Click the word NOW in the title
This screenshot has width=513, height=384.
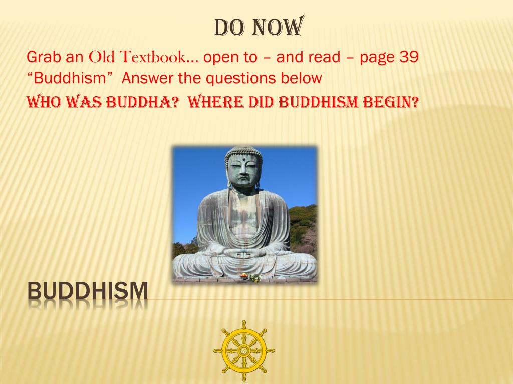click(x=279, y=27)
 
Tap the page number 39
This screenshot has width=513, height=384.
click(x=409, y=57)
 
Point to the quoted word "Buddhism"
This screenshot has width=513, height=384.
click(x=70, y=78)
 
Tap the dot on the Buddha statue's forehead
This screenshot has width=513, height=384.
click(x=243, y=160)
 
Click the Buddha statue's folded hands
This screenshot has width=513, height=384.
click(x=243, y=253)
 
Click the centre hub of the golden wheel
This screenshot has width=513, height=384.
click(x=244, y=351)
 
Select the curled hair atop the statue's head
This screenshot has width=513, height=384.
click(x=243, y=152)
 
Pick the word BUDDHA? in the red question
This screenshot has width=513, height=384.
click(x=143, y=102)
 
